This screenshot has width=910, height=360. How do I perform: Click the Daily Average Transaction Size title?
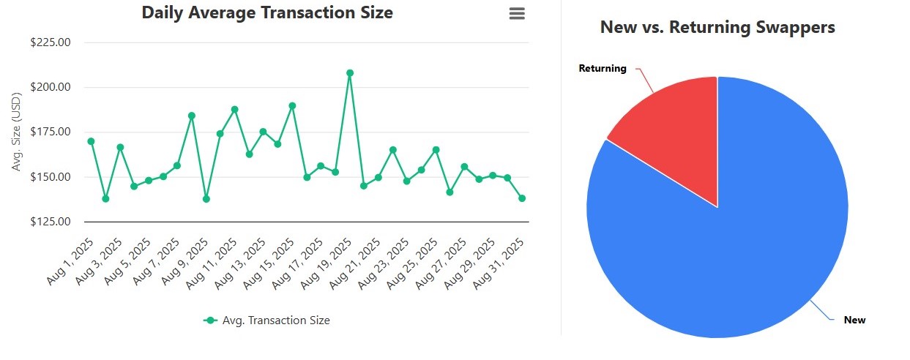coord(266,13)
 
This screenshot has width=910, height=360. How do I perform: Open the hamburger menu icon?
coord(517,14)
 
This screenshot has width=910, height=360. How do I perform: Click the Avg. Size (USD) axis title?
coord(18,132)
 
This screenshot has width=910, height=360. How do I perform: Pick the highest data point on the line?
coord(350,73)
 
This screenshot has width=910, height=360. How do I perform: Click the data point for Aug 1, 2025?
coord(91,141)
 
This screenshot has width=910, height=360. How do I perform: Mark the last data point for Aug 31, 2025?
coord(522,198)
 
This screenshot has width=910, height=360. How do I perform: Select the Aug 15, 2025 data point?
coord(292,105)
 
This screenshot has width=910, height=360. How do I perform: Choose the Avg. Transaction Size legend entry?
coord(266,320)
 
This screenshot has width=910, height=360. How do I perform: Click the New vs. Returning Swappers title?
coord(717,28)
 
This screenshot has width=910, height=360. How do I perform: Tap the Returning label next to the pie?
coord(603,69)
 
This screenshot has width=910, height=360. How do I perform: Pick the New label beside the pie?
coord(854,320)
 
